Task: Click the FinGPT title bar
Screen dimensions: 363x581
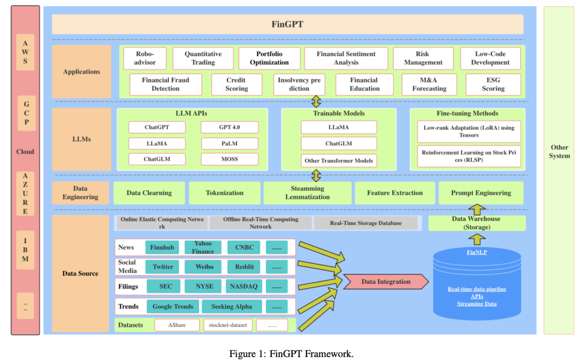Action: click(x=287, y=24)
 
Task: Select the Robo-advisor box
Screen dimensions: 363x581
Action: click(x=145, y=58)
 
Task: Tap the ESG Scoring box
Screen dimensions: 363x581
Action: click(x=493, y=84)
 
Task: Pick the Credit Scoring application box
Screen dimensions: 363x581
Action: click(x=236, y=84)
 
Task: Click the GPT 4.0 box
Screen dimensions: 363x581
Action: click(x=230, y=127)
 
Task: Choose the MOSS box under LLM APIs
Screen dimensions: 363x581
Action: click(x=230, y=159)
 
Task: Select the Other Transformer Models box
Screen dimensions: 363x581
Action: click(x=339, y=160)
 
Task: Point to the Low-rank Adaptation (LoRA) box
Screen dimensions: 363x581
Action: click(x=469, y=132)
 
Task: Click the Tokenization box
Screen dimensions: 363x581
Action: click(x=224, y=193)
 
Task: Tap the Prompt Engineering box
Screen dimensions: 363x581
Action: click(x=481, y=193)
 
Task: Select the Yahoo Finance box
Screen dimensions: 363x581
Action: click(x=203, y=247)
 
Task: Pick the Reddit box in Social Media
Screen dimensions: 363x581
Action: click(x=244, y=267)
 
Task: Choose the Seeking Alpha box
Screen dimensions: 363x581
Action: click(x=232, y=307)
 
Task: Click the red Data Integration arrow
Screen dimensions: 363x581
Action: click(x=386, y=282)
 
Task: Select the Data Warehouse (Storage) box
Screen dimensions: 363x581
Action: click(x=477, y=223)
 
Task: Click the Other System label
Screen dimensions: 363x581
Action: click(x=559, y=152)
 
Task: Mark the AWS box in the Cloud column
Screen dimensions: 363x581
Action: click(x=25, y=53)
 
